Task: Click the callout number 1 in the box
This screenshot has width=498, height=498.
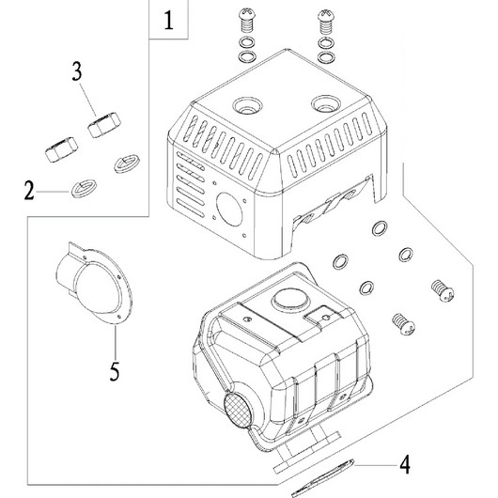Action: pyautogui.click(x=168, y=21)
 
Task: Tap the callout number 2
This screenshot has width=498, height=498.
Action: pyautogui.click(x=29, y=191)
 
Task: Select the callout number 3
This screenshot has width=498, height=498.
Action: pyautogui.click(x=77, y=71)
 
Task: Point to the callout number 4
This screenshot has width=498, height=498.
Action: pyautogui.click(x=405, y=465)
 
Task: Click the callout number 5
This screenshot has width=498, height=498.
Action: pyautogui.click(x=115, y=371)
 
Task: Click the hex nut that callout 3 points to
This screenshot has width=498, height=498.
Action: pyautogui.click(x=104, y=125)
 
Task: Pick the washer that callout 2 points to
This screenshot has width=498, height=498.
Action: pyautogui.click(x=84, y=189)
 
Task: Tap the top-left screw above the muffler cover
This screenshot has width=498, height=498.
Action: pyautogui.click(x=246, y=20)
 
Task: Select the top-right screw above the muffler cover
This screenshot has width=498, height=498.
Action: pyautogui.click(x=326, y=22)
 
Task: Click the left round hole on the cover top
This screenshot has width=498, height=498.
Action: pyautogui.click(x=247, y=106)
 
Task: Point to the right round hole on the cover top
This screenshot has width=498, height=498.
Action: pyautogui.click(x=326, y=104)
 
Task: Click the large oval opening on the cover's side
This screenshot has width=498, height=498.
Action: pyautogui.click(x=229, y=210)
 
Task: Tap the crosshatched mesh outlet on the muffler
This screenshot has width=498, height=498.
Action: pyautogui.click(x=238, y=410)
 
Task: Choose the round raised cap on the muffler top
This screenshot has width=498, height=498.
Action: pyautogui.click(x=291, y=299)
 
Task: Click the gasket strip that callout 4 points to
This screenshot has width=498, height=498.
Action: pyautogui.click(x=322, y=479)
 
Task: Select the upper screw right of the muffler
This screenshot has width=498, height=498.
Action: pyautogui.click(x=443, y=290)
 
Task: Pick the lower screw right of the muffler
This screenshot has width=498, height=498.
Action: pyautogui.click(x=403, y=324)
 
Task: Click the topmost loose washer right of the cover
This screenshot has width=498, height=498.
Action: pyautogui.click(x=380, y=228)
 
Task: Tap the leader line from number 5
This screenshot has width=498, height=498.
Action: pyautogui.click(x=116, y=343)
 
